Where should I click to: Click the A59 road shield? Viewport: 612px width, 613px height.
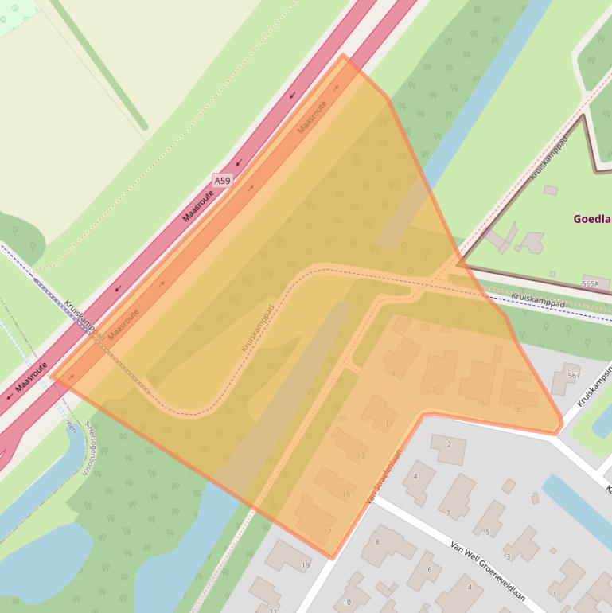(222, 182)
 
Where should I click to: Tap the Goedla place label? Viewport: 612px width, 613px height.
(592, 219)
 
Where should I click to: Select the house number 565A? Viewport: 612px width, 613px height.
(590, 283)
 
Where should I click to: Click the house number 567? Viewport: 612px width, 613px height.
(574, 375)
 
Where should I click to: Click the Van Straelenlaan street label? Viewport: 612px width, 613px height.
(384, 477)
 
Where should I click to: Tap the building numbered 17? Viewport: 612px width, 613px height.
(315, 517)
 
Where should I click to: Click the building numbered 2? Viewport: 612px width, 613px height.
(448, 449)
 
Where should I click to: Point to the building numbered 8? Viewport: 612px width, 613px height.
(387, 546)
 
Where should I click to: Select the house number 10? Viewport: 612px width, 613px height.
(347, 602)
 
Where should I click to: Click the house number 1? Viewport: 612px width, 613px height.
(555, 594)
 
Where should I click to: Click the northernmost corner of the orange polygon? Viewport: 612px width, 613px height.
(344, 55)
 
